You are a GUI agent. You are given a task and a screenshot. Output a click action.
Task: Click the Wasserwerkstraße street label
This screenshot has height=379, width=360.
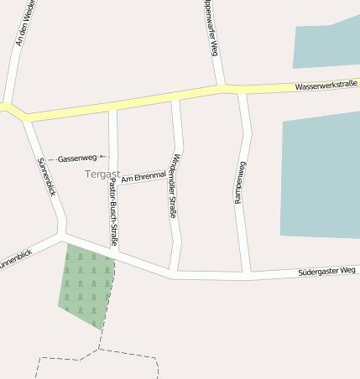pos(326,85)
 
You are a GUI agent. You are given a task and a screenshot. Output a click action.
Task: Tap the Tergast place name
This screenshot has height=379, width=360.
pos(102,174)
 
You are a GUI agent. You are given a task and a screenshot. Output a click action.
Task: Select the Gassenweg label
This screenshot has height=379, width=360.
pos(78,158)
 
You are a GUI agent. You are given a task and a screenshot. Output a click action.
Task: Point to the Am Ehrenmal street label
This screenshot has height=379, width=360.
pos(143,176)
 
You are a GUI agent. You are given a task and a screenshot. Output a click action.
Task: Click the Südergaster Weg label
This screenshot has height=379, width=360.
pos(327,273)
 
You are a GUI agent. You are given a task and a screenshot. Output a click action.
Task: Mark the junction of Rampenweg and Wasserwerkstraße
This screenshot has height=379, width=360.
pos(242,91)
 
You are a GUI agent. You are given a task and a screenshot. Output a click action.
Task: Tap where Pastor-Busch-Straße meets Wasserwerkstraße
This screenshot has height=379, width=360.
pos(112,105)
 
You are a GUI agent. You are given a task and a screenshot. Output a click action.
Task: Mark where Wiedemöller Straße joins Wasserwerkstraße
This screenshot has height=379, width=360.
pos(175,97)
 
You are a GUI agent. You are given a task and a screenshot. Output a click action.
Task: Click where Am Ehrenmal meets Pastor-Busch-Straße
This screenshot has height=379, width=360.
pos(113,181)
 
